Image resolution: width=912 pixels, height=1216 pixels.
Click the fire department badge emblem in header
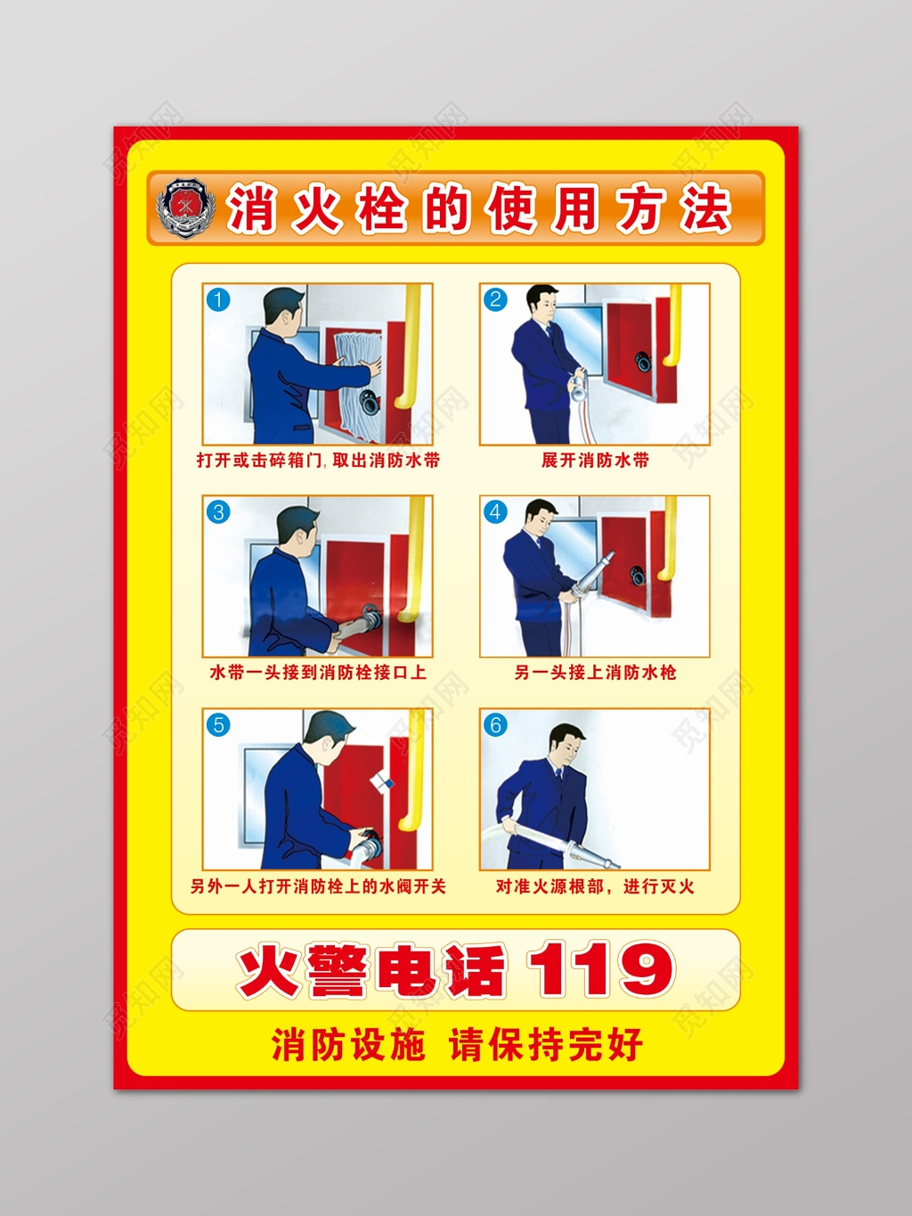click(x=186, y=208)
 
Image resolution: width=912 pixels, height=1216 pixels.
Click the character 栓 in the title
click(x=382, y=209)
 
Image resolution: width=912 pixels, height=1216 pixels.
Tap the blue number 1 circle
click(x=218, y=300)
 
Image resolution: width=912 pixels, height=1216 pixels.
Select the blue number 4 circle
click(x=496, y=512)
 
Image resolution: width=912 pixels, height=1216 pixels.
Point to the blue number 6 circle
click(x=496, y=725)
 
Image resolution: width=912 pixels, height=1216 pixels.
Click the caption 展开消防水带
click(x=595, y=461)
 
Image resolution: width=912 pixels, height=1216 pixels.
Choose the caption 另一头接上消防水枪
click(x=595, y=673)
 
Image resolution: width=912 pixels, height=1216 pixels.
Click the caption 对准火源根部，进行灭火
click(x=595, y=886)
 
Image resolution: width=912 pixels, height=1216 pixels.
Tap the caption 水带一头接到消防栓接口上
click(x=318, y=673)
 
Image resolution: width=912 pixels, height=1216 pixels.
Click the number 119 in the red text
click(x=600, y=970)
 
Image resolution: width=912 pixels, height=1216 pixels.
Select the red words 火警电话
click(x=370, y=971)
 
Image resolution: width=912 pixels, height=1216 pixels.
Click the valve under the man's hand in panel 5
click(x=367, y=842)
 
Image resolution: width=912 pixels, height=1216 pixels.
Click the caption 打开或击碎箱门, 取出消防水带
click(x=318, y=461)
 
